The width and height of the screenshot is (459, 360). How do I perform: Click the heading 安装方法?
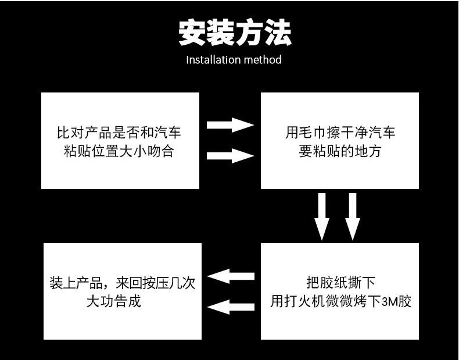(235, 34)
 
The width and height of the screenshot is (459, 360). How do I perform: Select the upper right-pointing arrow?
(231, 124)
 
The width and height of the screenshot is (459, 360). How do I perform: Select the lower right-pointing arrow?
(231, 155)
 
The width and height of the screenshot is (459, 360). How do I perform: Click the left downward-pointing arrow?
(322, 216)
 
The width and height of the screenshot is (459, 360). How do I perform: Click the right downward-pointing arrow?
(352, 216)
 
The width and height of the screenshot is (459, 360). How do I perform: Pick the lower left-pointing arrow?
(231, 306)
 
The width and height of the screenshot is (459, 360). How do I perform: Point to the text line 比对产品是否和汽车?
(120, 133)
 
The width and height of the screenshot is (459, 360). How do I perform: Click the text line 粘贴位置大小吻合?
(119, 152)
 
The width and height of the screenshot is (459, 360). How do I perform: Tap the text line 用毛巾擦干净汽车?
(340, 133)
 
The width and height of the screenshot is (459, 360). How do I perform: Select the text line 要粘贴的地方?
(340, 152)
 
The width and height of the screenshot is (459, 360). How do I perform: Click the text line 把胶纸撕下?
(340, 283)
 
